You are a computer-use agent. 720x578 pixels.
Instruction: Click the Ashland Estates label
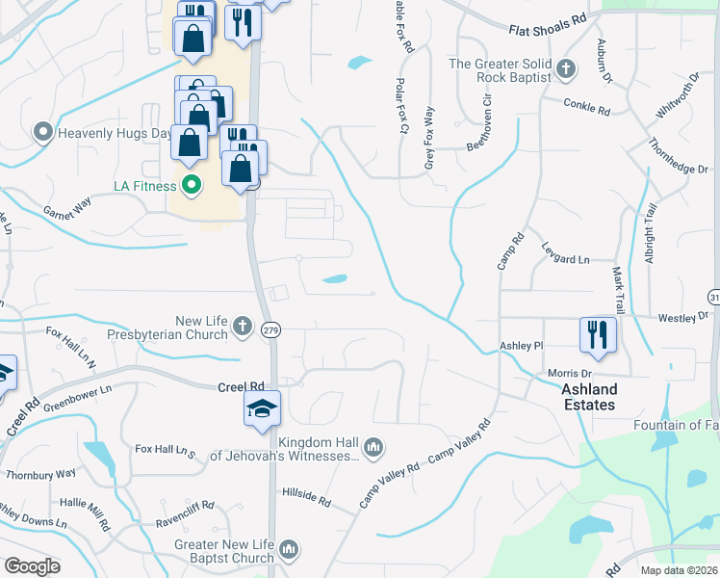588,397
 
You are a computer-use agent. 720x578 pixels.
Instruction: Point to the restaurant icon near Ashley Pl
598,334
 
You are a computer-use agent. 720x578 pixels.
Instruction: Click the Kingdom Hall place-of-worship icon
374,445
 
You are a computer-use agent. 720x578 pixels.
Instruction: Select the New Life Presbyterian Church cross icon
241,328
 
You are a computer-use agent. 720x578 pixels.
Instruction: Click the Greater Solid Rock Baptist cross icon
567,70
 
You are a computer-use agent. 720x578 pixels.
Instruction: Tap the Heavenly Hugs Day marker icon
42,132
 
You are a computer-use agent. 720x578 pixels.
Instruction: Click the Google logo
32,566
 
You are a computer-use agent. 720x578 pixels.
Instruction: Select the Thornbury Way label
40,474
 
